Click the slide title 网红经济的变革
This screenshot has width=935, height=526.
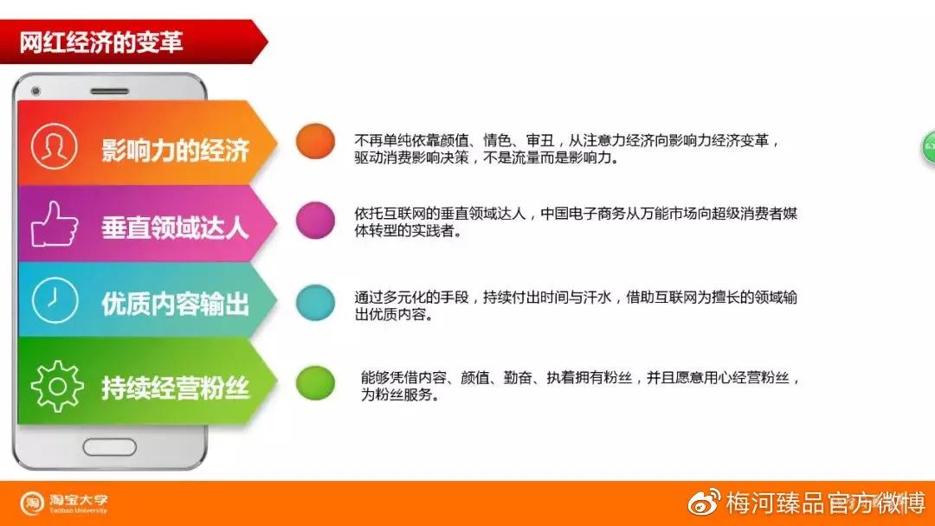pos(101,42)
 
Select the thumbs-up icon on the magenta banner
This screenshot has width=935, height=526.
pos(54,225)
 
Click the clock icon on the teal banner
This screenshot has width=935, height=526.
pos(54,301)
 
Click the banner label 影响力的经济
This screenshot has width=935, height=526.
pos(175,150)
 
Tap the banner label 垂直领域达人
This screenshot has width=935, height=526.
pos(175,228)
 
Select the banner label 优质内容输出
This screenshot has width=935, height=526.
pos(175,304)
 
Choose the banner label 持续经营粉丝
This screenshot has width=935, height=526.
pos(175,388)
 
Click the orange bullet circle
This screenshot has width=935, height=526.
pos(315,141)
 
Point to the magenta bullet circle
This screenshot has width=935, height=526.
pos(315,220)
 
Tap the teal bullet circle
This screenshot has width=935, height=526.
pos(315,302)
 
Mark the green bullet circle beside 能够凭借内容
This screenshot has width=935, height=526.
pos(315,383)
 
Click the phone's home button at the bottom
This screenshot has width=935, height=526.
pos(109,446)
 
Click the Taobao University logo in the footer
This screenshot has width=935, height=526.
pos(65,504)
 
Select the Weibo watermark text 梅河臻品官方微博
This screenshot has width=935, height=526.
pos(826,503)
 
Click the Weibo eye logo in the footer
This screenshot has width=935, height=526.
pos(704,502)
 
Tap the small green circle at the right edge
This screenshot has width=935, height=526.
pos(928,145)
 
